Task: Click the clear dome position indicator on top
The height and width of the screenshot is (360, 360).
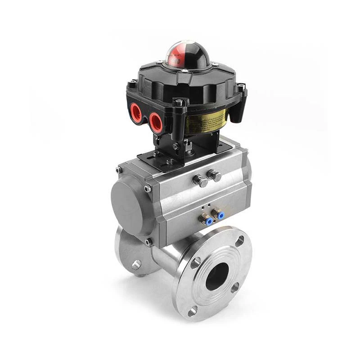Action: [185, 54]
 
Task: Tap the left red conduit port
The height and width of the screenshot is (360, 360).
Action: [136, 111]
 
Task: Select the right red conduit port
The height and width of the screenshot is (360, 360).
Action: [156, 121]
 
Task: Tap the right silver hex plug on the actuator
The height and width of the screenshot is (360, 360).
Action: [215, 175]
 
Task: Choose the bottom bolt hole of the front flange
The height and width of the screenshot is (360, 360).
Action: [193, 311]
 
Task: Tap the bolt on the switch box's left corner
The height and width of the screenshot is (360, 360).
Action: [132, 84]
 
